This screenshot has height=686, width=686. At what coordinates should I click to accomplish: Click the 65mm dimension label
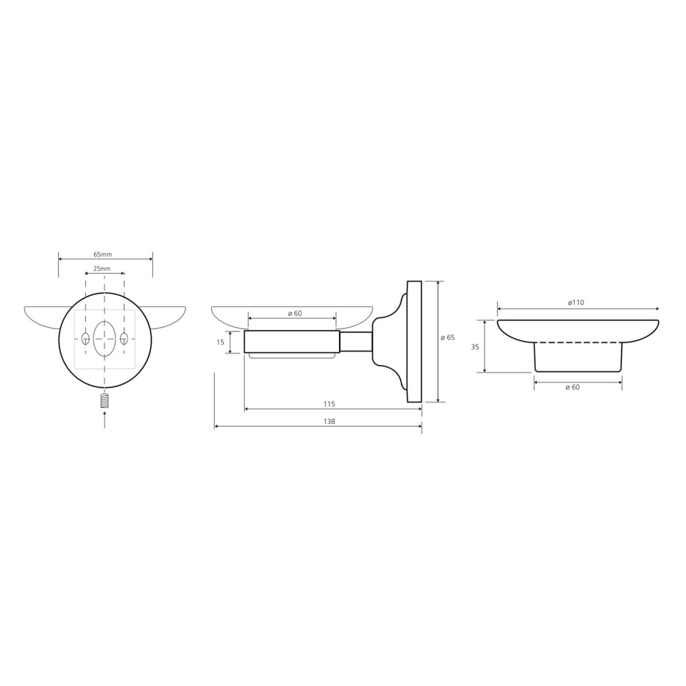(x=104, y=255)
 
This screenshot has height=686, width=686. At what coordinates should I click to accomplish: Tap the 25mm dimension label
(x=102, y=269)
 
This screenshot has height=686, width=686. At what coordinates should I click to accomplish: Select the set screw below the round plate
(x=104, y=401)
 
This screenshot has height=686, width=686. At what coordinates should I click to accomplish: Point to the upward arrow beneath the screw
(x=104, y=421)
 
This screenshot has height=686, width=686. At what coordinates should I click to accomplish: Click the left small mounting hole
(x=85, y=338)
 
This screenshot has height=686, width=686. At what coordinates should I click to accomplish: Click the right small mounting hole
(x=124, y=338)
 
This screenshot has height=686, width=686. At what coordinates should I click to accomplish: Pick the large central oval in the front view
(x=104, y=338)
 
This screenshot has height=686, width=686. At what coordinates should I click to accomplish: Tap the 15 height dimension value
(x=220, y=342)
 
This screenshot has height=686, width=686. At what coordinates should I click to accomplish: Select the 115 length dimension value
(x=329, y=404)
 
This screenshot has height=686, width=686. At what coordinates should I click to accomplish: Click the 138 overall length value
(x=329, y=421)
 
